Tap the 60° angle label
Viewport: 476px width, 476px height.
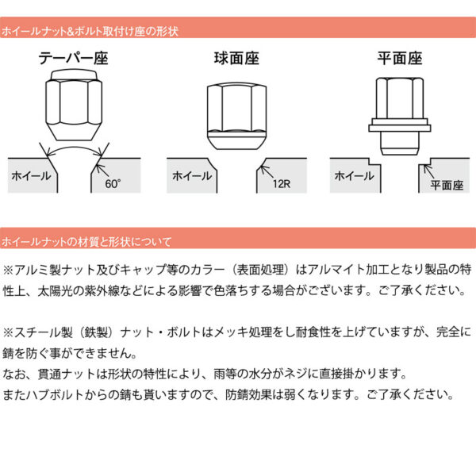(113, 185)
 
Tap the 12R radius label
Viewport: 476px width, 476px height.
(279, 185)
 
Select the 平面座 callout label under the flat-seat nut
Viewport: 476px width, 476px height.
(446, 185)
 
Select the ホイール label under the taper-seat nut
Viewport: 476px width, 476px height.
(29, 176)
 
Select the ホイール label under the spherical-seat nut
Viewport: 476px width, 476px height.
(190, 176)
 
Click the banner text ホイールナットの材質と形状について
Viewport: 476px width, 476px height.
(86, 240)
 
